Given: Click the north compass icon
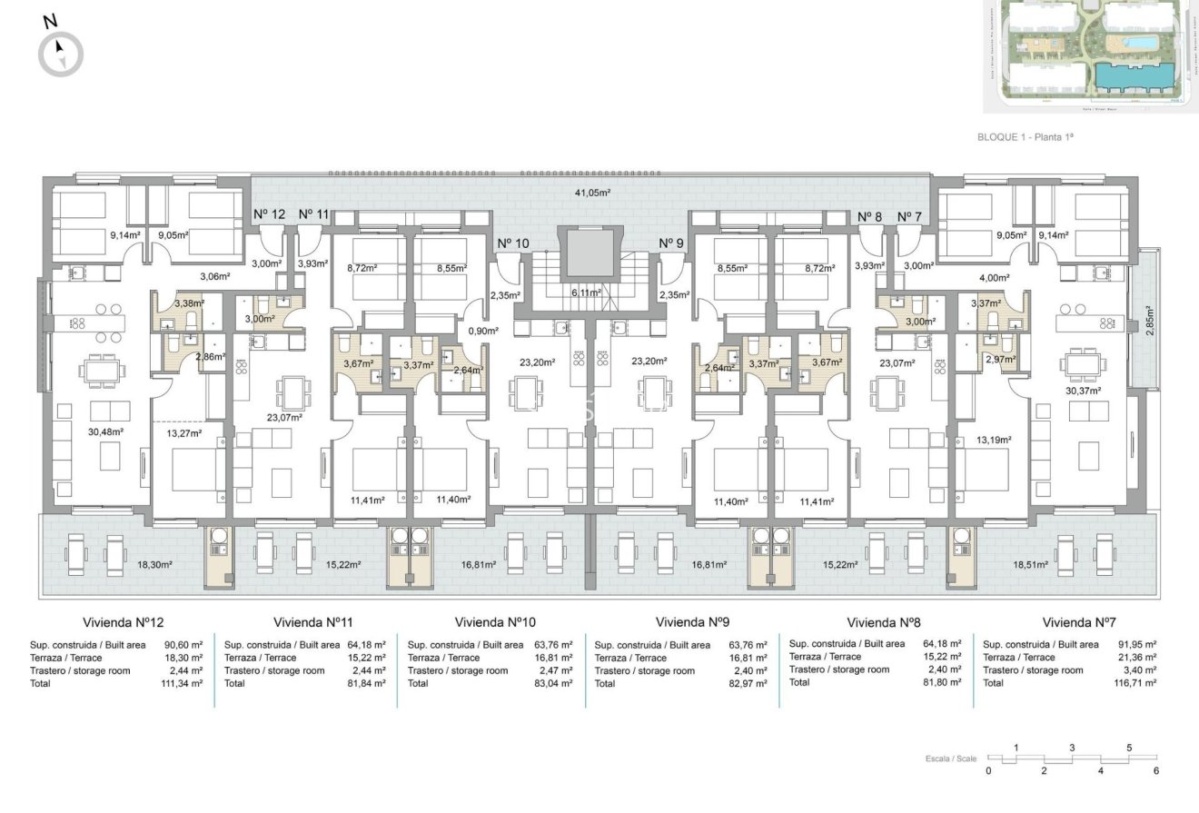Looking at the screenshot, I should (x=60, y=52).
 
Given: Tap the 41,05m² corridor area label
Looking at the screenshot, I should (x=591, y=193).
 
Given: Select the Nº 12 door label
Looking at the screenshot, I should (x=269, y=214).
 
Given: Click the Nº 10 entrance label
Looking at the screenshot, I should (x=512, y=243).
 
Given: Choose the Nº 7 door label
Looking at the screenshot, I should (x=909, y=216).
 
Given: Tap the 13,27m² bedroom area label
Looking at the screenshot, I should (x=183, y=433).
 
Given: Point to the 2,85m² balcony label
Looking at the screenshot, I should (x=1149, y=321).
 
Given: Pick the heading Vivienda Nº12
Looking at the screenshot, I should (x=123, y=623).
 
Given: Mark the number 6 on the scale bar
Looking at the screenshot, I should (x=1156, y=771).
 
